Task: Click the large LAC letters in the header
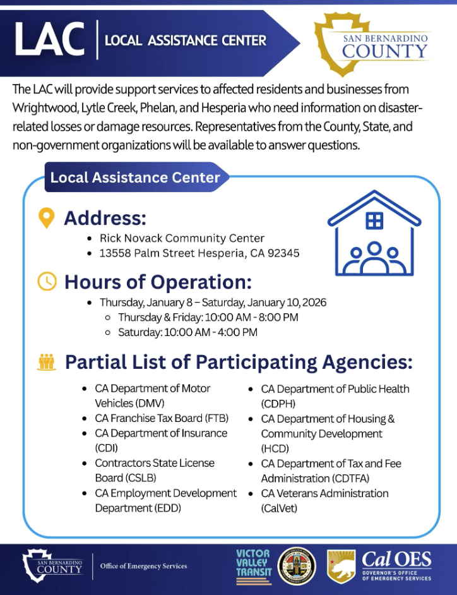click(x=49, y=39)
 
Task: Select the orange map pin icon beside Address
click(x=46, y=218)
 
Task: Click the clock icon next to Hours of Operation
click(x=47, y=281)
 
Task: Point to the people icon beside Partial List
click(x=47, y=362)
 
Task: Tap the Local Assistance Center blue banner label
click(x=134, y=177)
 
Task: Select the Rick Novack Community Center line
click(x=182, y=238)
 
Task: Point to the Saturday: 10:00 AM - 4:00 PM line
click(x=187, y=332)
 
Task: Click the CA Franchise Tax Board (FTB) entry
click(x=162, y=418)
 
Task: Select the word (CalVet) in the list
click(x=278, y=508)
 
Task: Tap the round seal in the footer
click(x=297, y=564)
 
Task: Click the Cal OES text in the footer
click(x=396, y=560)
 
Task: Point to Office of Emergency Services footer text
click(x=143, y=566)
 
